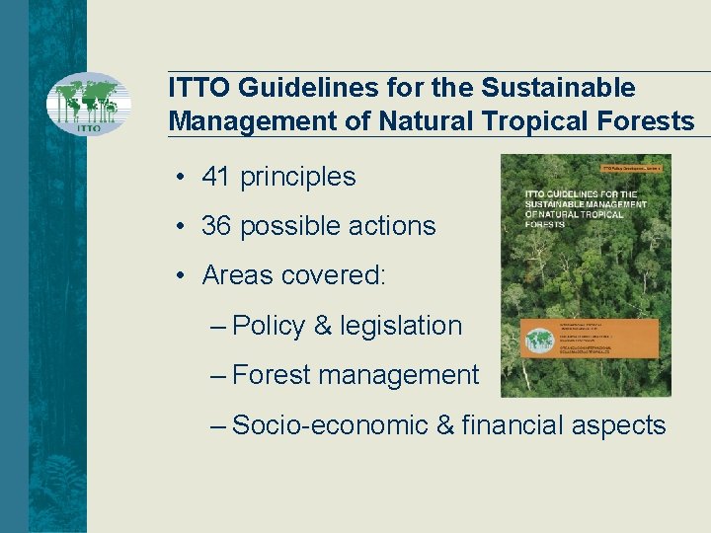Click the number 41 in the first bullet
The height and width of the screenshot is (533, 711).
[216, 177]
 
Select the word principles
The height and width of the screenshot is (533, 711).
[297, 178]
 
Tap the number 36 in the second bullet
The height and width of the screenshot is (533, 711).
[216, 226]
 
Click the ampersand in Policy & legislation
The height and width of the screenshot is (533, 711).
[322, 326]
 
